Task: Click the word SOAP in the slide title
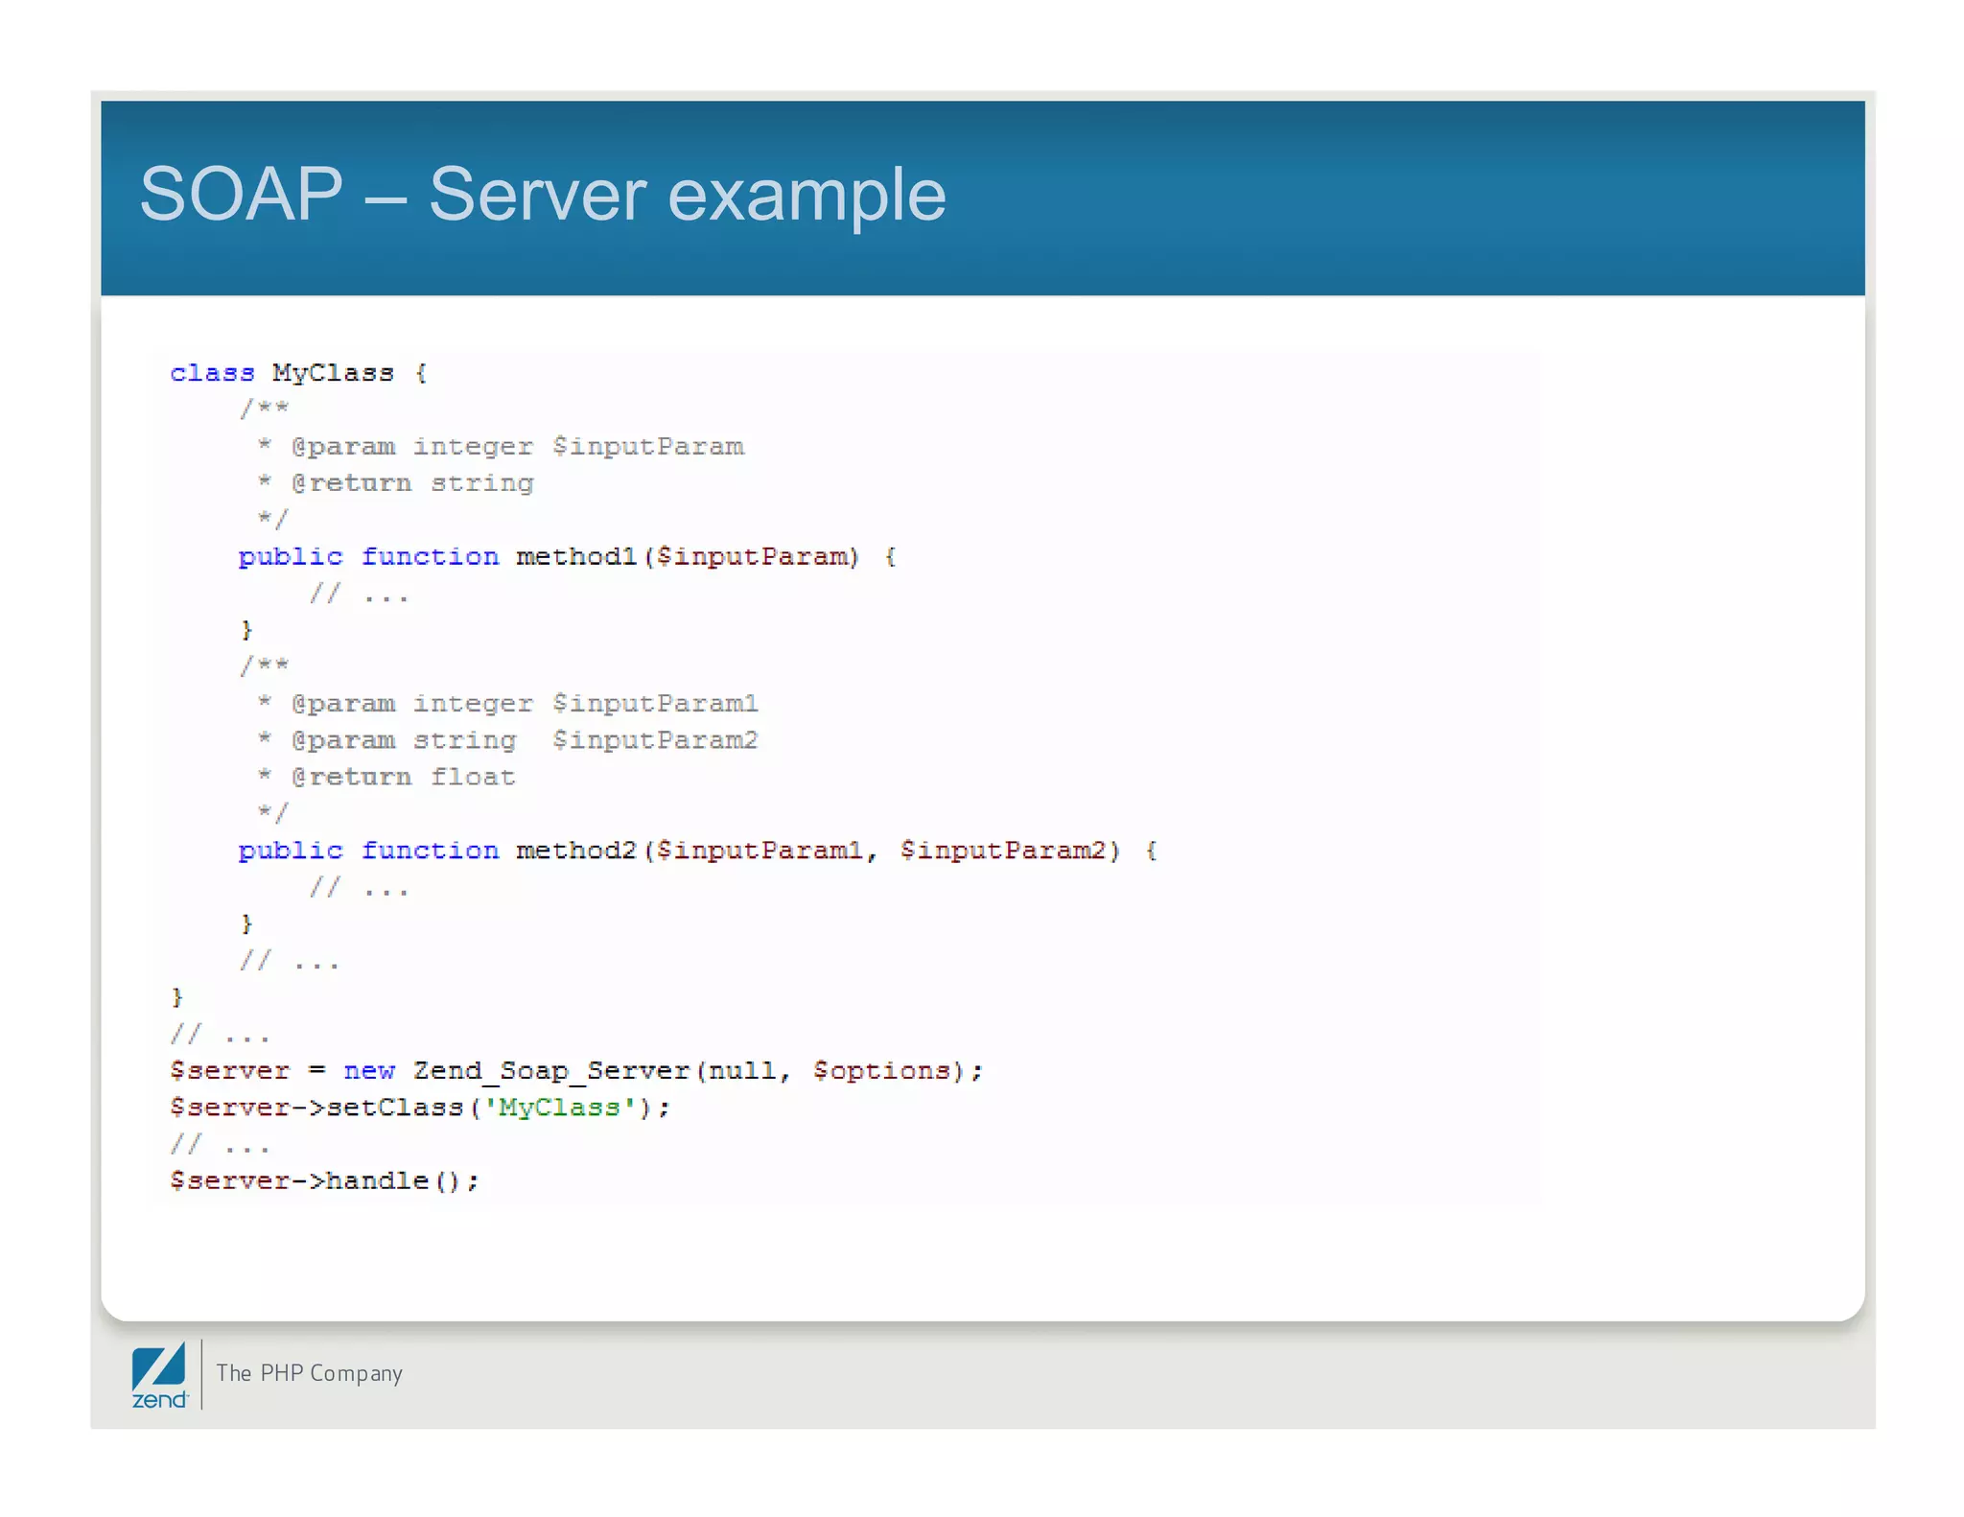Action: tap(242, 195)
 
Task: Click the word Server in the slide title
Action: tap(537, 195)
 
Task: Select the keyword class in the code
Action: tap(212, 373)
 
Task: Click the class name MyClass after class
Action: tap(333, 373)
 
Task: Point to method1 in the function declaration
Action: tap(576, 557)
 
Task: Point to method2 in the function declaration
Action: tap(576, 851)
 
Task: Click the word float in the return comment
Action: tap(472, 777)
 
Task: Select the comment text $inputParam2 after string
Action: tap(655, 740)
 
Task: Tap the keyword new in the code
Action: tap(369, 1071)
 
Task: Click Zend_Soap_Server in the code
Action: tap(551, 1071)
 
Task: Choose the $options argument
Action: tap(881, 1071)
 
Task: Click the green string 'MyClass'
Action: tap(559, 1108)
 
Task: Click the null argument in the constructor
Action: tap(741, 1071)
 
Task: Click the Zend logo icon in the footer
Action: tap(159, 1375)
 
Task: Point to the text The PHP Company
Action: tap(309, 1373)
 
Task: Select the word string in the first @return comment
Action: tap(481, 483)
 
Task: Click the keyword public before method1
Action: tap(290, 557)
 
